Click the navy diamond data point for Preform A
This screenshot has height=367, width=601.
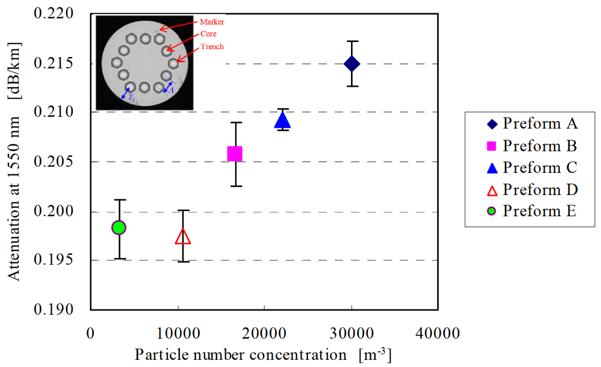(352, 64)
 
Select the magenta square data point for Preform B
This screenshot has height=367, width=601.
(235, 154)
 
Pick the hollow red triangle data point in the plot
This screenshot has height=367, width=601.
(183, 237)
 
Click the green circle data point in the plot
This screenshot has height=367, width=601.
(119, 228)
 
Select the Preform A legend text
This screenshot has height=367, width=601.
(540, 124)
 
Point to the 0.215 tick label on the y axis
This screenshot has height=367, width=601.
(53, 63)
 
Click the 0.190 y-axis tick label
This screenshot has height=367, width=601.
(53, 309)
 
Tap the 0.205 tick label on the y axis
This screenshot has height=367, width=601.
(53, 161)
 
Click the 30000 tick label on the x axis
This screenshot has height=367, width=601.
(352, 333)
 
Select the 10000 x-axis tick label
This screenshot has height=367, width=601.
(178, 333)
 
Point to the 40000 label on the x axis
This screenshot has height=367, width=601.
(438, 333)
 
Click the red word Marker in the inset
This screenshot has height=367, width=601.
(212, 22)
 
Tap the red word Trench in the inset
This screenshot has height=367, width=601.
(212, 47)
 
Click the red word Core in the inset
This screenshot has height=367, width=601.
(208, 34)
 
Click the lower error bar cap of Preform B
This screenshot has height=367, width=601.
(236, 186)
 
